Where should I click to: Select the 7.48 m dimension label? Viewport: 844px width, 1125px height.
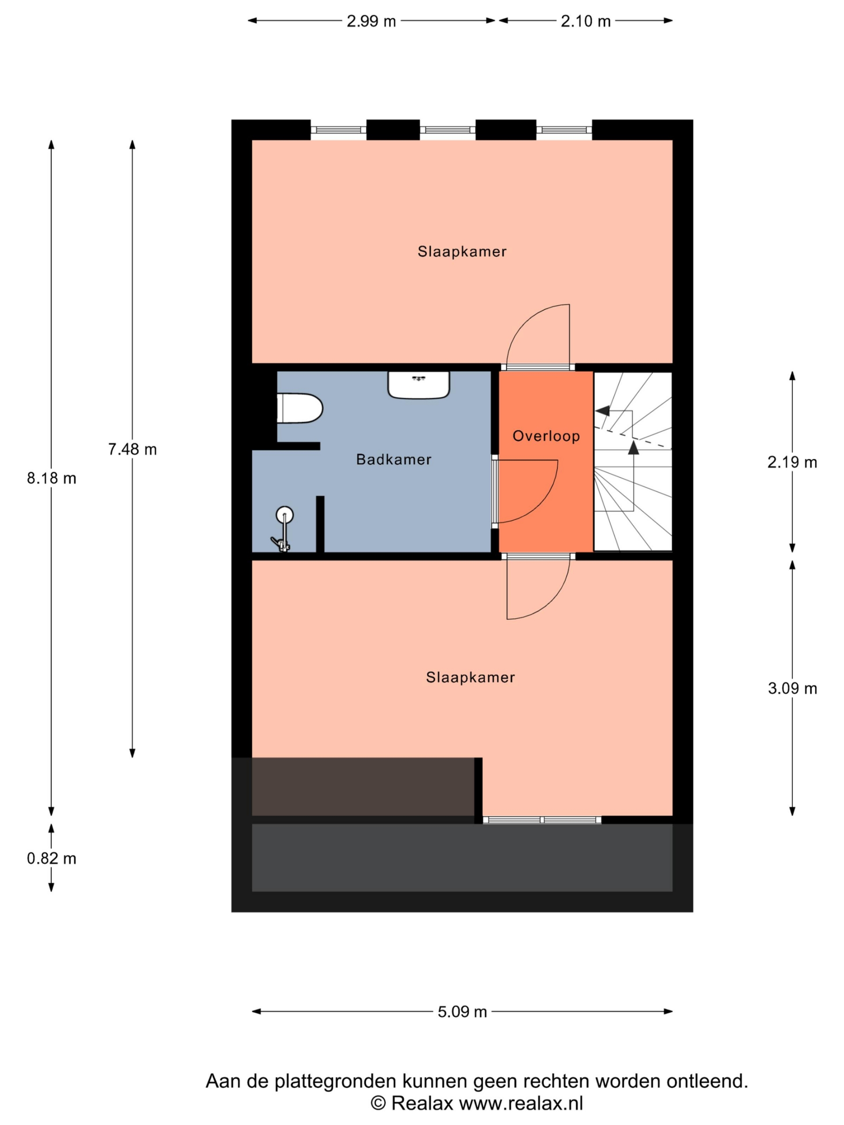coord(132,449)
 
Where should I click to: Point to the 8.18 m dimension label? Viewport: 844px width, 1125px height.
coord(51,478)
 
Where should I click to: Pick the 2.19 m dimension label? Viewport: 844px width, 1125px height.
coord(792,462)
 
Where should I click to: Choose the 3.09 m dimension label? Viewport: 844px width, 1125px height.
coord(792,688)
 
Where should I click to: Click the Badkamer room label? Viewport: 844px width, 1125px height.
coord(394,459)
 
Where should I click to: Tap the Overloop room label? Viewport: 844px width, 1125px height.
coord(546,436)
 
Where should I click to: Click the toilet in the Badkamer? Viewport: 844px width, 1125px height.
coord(300,408)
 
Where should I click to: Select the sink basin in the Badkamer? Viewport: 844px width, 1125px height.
coord(418,385)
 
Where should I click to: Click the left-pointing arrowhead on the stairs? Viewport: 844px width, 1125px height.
coord(602,410)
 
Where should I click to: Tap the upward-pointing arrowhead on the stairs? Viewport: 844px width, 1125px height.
coord(633,447)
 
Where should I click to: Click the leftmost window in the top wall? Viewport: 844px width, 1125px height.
coord(338,130)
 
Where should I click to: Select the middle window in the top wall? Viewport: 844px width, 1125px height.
coord(447,130)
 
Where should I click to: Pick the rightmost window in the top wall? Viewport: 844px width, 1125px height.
coord(564,130)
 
